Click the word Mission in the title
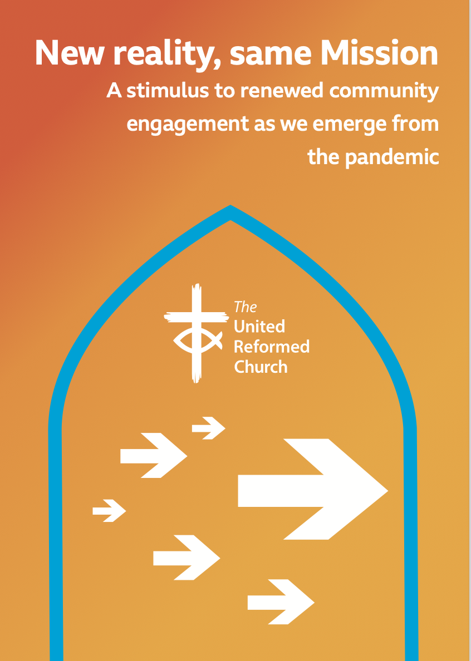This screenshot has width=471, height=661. pos(379,53)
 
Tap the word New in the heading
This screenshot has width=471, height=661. pos(70,53)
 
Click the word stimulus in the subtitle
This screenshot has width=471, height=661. pos(168,91)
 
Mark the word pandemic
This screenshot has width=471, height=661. pos(392,157)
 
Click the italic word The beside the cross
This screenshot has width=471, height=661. pos(246,307)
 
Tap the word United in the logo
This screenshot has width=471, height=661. pos(259,326)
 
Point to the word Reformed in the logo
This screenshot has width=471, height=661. pos(272,347)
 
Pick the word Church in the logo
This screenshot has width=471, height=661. pos(261,367)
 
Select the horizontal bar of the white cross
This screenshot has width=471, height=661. pos(196,317)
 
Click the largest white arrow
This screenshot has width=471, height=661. pos(312,489)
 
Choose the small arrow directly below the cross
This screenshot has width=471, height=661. pos(208,428)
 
